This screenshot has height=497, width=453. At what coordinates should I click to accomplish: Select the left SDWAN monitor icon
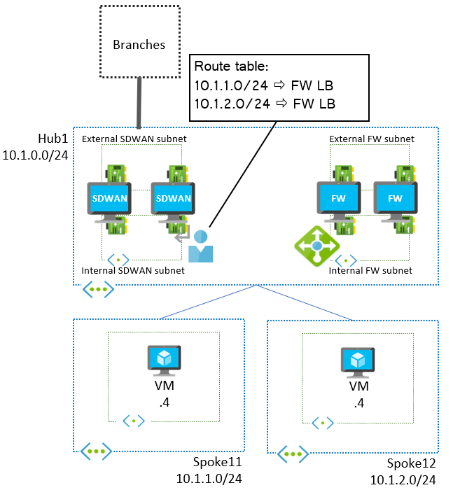pyautogui.click(x=109, y=199)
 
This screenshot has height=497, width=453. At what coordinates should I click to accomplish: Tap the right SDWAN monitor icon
pyautogui.click(x=172, y=199)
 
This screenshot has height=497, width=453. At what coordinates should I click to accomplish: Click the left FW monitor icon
pyautogui.click(x=338, y=199)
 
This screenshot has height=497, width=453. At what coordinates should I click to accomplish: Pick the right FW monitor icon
pyautogui.click(x=395, y=199)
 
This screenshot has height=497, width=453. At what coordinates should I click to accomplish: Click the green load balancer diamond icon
pyautogui.click(x=316, y=245)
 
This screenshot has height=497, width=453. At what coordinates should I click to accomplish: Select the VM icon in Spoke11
pyautogui.click(x=164, y=358)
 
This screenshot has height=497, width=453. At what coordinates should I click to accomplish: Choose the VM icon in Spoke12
pyautogui.click(x=358, y=360)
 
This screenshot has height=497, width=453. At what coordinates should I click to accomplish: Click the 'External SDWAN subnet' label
pyautogui.click(x=134, y=139)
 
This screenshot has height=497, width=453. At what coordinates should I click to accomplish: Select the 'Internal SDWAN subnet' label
pyautogui.click(x=133, y=270)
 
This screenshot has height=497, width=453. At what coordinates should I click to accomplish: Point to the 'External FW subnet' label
pyautogui.click(x=372, y=139)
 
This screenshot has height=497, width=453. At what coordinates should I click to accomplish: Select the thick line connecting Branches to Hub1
pyautogui.click(x=139, y=103)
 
